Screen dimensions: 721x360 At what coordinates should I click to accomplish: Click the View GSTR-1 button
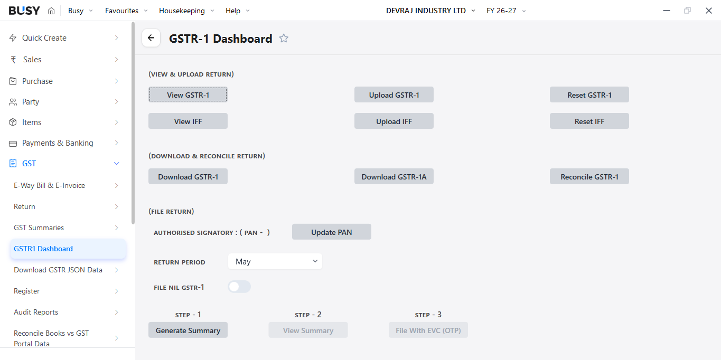click(x=188, y=94)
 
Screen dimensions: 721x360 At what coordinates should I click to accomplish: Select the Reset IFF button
click(x=589, y=121)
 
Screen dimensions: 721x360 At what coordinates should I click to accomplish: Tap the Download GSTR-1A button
click(x=394, y=176)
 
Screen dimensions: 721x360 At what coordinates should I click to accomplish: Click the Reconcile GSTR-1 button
click(x=589, y=176)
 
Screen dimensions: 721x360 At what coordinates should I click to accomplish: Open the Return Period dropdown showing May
click(x=275, y=261)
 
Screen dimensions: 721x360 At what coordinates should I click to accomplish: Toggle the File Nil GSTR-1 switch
click(x=239, y=287)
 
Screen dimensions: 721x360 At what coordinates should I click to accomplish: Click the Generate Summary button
click(x=188, y=330)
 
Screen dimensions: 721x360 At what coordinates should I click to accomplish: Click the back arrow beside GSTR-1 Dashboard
click(x=151, y=38)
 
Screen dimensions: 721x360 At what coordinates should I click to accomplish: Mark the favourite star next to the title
click(x=284, y=39)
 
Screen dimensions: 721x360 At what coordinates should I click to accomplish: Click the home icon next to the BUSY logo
click(x=51, y=11)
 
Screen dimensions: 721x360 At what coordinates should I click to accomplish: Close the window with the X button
click(x=708, y=11)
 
